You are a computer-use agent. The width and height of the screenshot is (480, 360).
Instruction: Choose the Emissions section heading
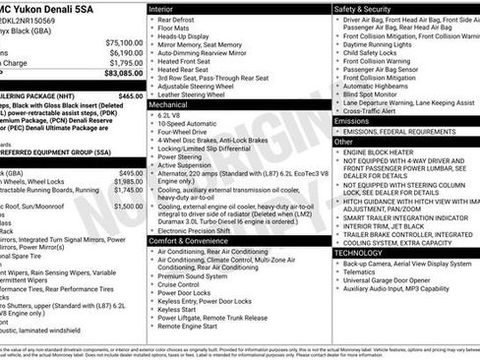coord(352,121)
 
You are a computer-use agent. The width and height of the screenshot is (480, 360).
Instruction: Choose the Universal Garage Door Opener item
coord(390,280)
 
